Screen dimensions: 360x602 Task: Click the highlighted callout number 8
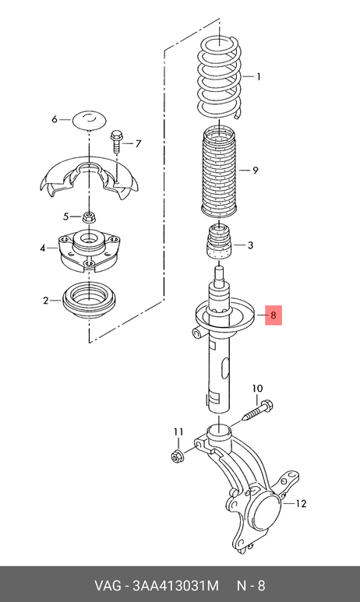click(274, 315)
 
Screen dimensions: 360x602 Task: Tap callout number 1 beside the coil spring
click(259, 77)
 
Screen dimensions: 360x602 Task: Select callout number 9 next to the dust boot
click(256, 170)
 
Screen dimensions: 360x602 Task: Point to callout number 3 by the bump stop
click(250, 245)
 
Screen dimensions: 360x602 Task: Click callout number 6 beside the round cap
click(55, 119)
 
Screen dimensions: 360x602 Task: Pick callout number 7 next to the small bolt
click(138, 144)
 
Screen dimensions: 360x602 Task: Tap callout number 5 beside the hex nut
click(66, 217)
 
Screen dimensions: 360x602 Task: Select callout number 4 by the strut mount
click(43, 248)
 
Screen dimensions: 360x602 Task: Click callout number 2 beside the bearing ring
click(46, 301)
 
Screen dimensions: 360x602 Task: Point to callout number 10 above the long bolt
click(257, 388)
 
